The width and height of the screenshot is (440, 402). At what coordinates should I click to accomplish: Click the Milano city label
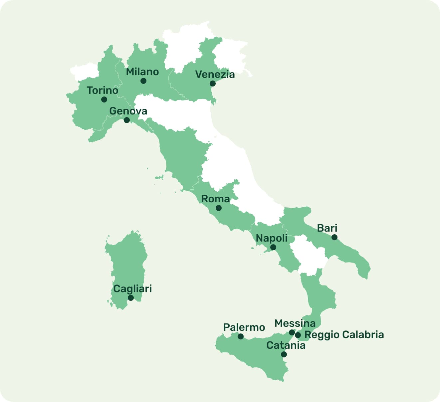click(142, 72)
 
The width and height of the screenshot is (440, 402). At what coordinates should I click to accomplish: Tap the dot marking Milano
click(143, 81)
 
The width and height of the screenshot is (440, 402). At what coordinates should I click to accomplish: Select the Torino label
click(103, 90)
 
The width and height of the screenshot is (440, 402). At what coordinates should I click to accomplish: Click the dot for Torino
click(104, 100)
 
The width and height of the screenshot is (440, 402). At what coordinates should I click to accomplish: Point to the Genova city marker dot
click(127, 120)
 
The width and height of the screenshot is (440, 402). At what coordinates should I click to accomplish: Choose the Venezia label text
click(215, 74)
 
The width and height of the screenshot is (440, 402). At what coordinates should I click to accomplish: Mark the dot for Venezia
click(213, 84)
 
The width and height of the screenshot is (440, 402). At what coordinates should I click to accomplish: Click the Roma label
click(215, 199)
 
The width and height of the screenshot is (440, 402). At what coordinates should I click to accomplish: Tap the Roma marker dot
click(219, 208)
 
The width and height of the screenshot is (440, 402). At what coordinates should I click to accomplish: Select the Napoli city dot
click(273, 247)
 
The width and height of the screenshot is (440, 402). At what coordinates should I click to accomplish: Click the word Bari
click(327, 228)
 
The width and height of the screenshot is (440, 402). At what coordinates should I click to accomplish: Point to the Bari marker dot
click(334, 237)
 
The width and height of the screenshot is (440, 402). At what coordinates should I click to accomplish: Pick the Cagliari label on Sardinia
click(132, 289)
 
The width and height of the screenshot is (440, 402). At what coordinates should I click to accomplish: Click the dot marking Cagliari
click(131, 298)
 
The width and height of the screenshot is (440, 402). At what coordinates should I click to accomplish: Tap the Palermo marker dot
click(241, 337)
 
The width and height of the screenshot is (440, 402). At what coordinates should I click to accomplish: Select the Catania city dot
click(284, 354)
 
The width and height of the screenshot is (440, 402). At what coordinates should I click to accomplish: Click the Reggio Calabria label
click(344, 335)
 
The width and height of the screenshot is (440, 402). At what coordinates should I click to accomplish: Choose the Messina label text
click(295, 323)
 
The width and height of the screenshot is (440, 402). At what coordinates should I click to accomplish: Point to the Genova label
click(128, 111)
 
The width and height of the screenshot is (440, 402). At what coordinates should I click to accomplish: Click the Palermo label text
click(244, 327)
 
